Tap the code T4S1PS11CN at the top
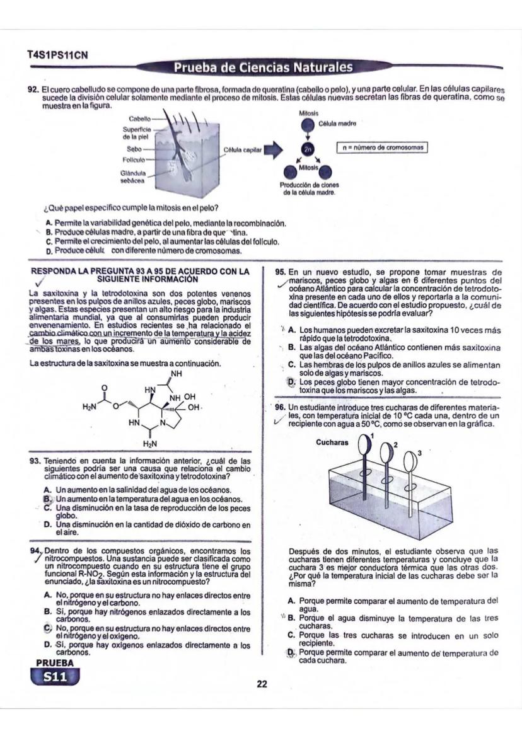pos(57,55)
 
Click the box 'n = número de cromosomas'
pos(383,147)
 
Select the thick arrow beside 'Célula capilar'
pos(272,149)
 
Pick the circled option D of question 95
pos(291,382)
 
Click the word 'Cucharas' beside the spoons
pos(332,442)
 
